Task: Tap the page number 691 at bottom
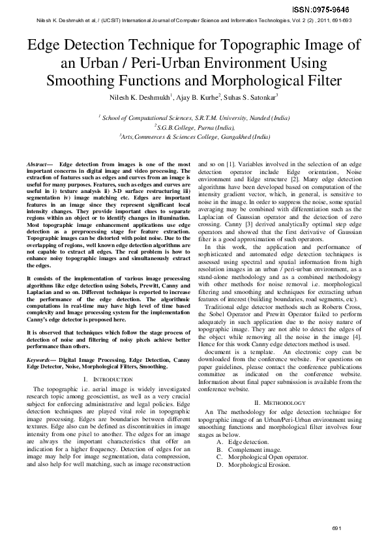coord(336,527)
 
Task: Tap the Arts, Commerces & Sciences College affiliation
coord(194,137)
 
